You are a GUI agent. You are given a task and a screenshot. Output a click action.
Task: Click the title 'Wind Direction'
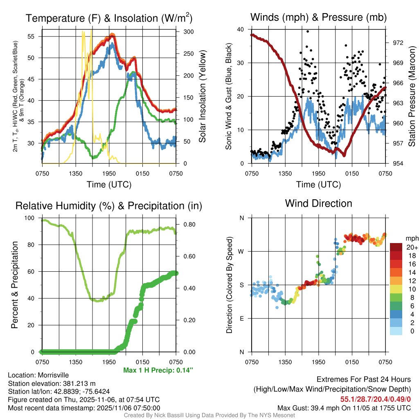(318, 203)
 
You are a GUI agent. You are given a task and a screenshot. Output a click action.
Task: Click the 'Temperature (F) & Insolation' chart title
(109, 18)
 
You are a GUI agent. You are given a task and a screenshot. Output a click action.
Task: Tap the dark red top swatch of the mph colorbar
(396, 247)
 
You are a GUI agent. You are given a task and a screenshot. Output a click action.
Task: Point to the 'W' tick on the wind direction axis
(242, 251)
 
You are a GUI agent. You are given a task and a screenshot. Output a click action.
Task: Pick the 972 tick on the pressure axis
(399, 43)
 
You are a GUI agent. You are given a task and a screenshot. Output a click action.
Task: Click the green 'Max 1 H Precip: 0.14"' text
(158, 370)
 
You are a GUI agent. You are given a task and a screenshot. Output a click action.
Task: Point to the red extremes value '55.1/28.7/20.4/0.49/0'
(375, 399)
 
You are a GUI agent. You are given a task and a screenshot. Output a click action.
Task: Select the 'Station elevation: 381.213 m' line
(52, 383)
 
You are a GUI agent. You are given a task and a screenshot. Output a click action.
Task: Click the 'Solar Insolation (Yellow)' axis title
(202, 96)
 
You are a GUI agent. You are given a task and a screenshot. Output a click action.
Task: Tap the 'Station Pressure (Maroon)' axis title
(412, 96)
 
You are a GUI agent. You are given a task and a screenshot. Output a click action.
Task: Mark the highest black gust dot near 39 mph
(308, 31)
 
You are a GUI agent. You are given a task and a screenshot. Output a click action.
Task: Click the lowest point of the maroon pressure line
(344, 155)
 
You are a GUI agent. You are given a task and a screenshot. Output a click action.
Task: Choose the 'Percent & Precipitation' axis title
(14, 285)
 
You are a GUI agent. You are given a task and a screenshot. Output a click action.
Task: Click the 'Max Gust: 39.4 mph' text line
(344, 408)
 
